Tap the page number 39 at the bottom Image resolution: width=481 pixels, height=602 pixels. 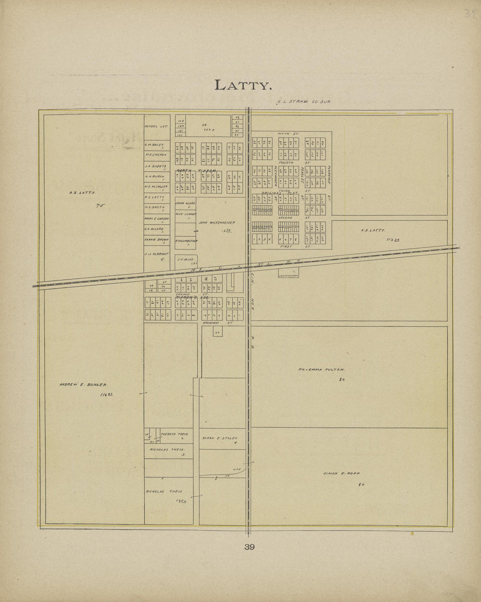250,546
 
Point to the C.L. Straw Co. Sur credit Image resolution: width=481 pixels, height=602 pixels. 303,101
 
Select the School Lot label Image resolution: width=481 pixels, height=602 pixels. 153,126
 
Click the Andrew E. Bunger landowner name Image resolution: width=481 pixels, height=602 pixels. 83,385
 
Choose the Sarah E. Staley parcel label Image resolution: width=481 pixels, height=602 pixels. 220,437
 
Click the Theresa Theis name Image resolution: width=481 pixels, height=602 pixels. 174,434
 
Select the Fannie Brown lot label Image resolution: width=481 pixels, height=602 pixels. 154,239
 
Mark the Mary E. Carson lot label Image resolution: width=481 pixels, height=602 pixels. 157,218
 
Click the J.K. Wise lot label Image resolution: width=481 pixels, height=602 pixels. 182,259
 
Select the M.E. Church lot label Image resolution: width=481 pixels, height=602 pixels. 154,154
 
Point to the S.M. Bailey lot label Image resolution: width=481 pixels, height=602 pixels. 154,144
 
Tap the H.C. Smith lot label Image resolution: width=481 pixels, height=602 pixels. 154,207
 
